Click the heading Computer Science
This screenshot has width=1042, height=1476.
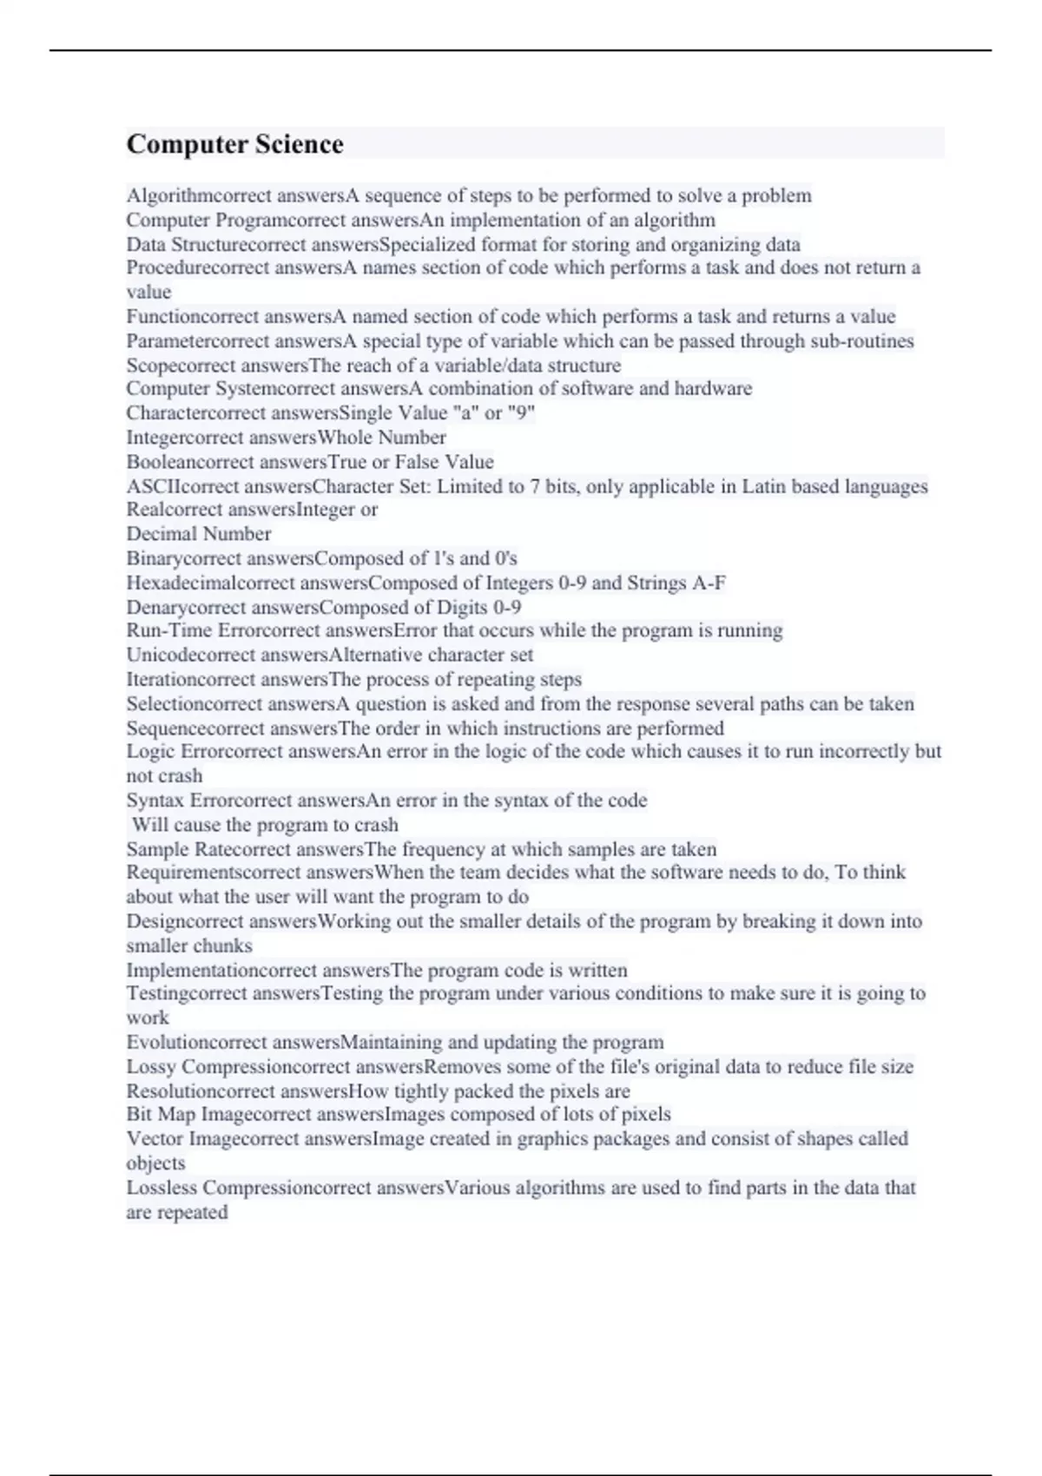[234, 144]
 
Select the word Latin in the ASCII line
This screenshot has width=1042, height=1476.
[762, 486]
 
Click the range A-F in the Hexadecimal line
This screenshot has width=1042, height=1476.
[709, 583]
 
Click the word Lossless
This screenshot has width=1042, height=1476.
[162, 1187]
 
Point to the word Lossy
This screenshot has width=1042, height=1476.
[151, 1066]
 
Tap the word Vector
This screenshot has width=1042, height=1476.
[155, 1138]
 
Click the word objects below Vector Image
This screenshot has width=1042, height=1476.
[155, 1163]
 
